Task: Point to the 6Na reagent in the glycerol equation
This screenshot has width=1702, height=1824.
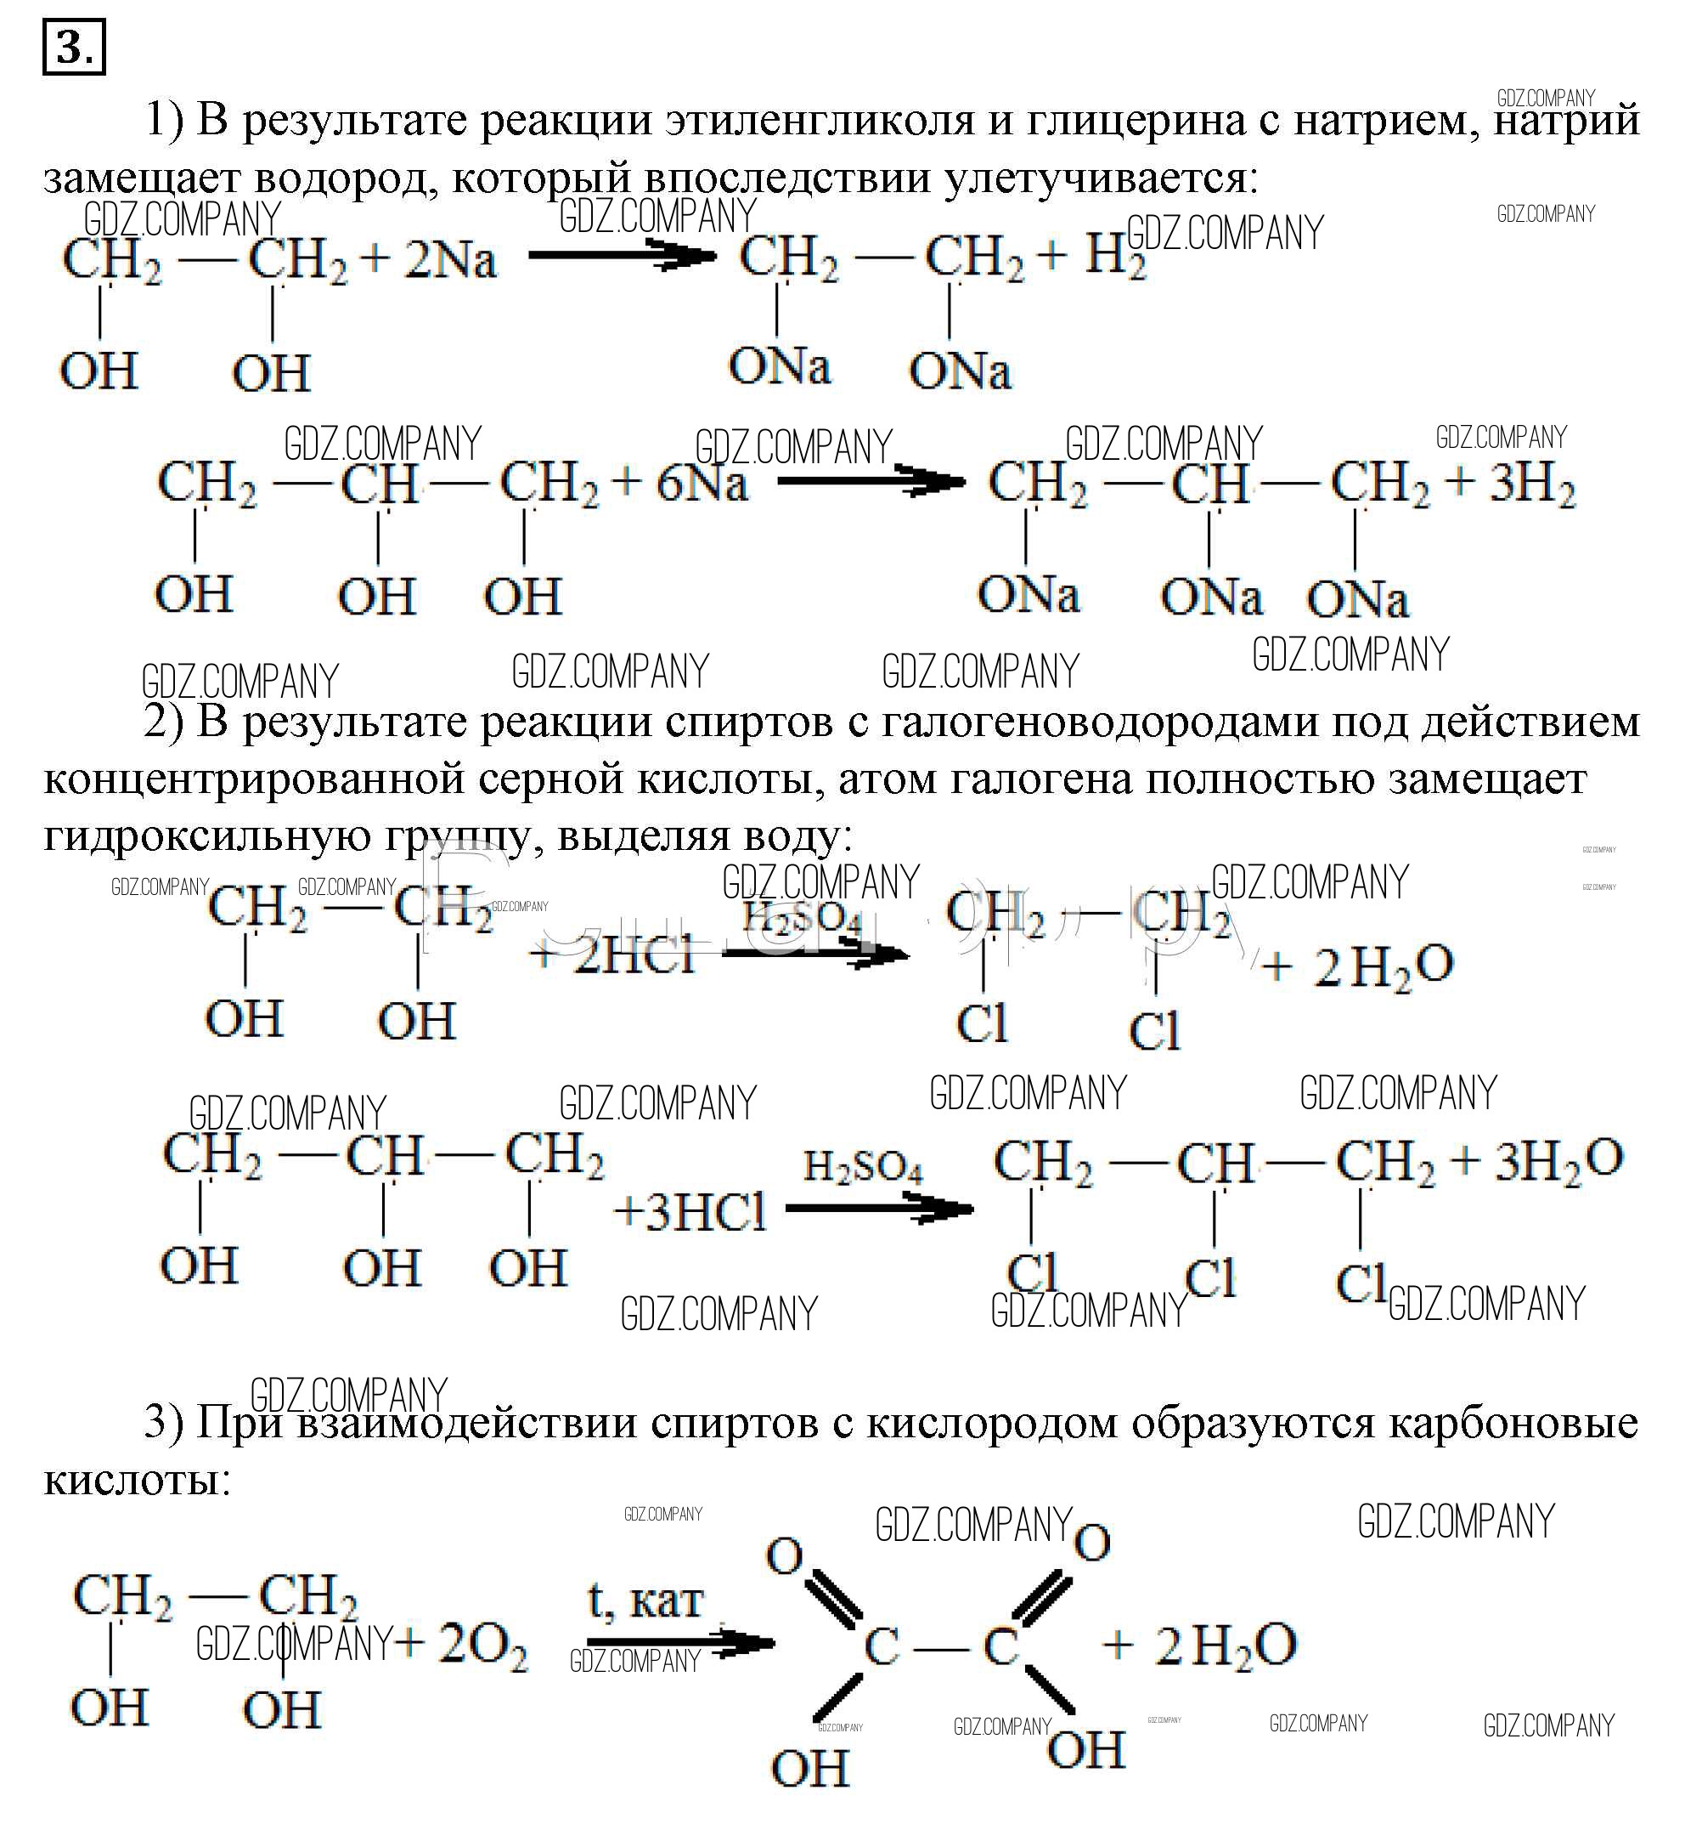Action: pyautogui.click(x=702, y=484)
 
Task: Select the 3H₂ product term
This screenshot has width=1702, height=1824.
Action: pyautogui.click(x=1531, y=484)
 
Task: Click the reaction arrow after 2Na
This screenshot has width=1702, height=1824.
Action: pyautogui.click(x=622, y=256)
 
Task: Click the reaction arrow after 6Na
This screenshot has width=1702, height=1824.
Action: pyautogui.click(x=871, y=480)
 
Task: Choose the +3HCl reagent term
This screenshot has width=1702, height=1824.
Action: pyautogui.click(x=689, y=1212)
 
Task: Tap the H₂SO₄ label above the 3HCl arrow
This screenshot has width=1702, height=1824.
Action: pyautogui.click(x=862, y=1167)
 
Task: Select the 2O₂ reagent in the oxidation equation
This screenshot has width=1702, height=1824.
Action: pyautogui.click(x=482, y=1643)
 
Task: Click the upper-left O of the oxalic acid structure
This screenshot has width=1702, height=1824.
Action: pyautogui.click(x=784, y=1556)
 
